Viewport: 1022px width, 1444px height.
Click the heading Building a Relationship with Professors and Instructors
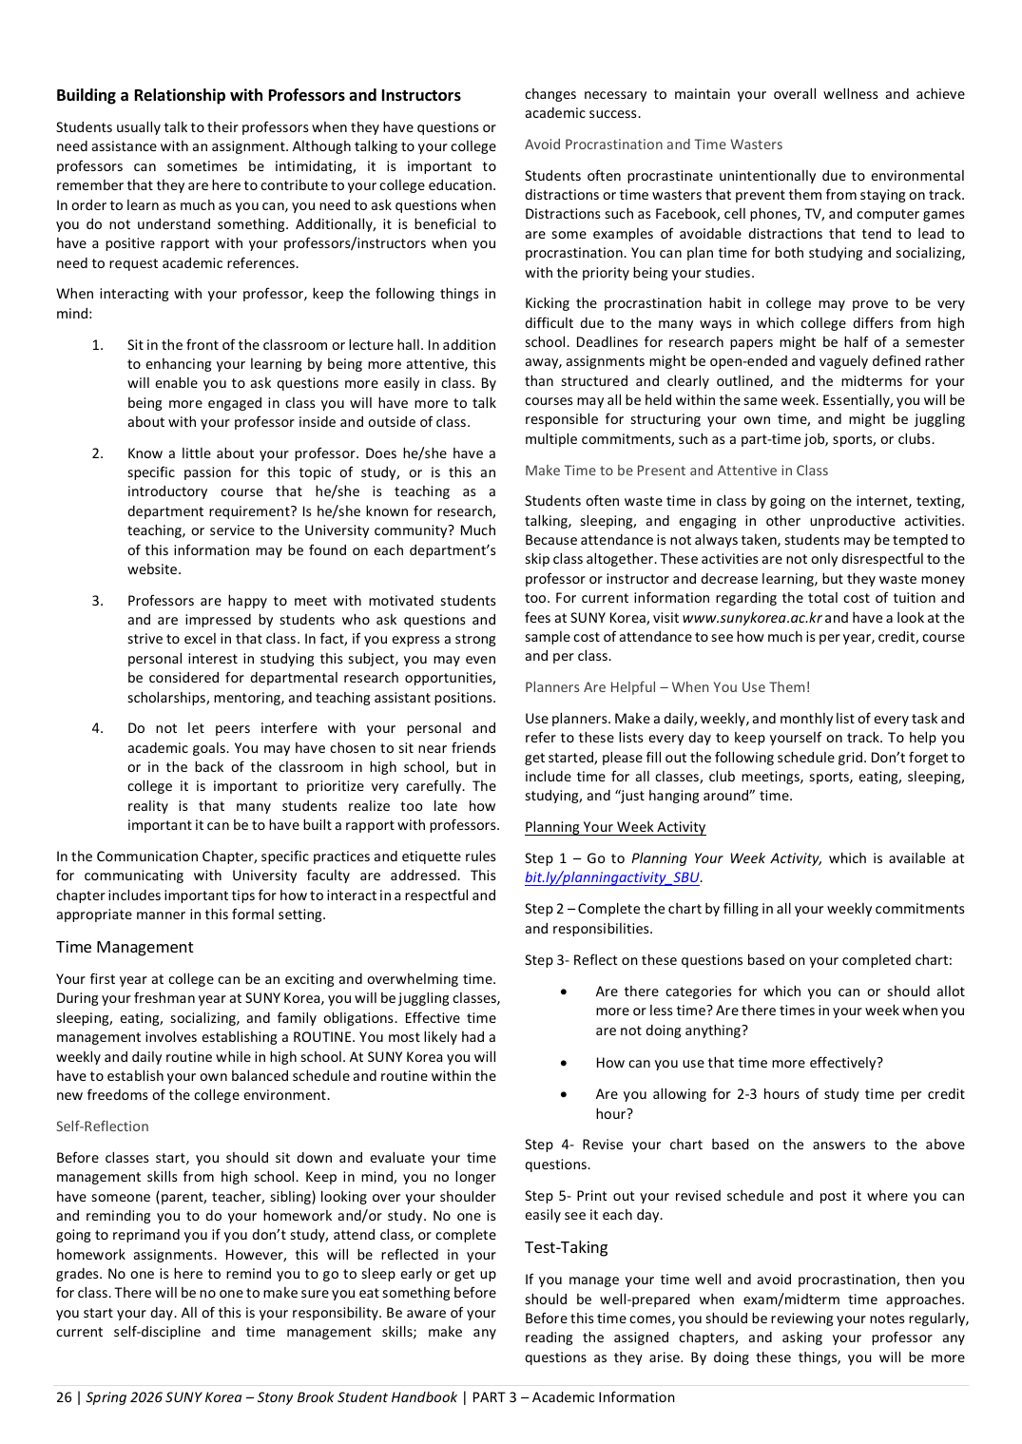click(x=258, y=95)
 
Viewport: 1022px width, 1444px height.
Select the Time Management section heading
click(x=125, y=947)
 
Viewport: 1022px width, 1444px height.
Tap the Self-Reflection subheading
click(x=103, y=1126)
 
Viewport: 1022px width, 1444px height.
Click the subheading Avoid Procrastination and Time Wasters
click(x=653, y=144)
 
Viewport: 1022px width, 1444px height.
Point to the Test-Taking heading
click(x=566, y=1247)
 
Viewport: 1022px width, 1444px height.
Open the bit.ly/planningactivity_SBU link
click(x=612, y=877)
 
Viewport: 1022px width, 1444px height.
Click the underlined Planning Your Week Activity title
click(x=615, y=827)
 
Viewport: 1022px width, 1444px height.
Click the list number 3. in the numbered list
click(x=98, y=601)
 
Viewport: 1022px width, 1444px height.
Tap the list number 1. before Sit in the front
click(x=98, y=345)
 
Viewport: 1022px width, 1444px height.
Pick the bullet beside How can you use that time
click(x=565, y=1063)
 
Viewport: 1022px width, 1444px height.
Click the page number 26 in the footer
click(x=64, y=1397)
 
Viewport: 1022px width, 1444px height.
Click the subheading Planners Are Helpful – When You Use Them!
click(x=667, y=687)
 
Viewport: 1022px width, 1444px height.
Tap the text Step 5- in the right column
click(x=548, y=1196)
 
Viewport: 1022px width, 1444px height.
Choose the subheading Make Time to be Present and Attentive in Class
click(x=676, y=471)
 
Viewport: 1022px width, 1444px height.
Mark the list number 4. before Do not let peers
click(x=98, y=728)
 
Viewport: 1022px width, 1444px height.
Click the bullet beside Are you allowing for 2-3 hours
click(x=565, y=1094)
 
